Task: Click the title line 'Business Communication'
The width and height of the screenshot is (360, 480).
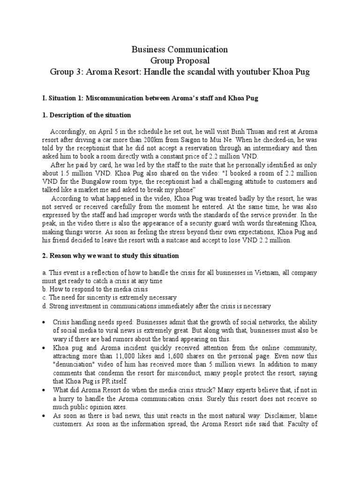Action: tap(180, 49)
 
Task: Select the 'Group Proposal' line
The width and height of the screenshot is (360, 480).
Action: tap(180, 60)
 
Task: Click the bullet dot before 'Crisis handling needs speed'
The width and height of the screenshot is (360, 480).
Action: tap(44, 323)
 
